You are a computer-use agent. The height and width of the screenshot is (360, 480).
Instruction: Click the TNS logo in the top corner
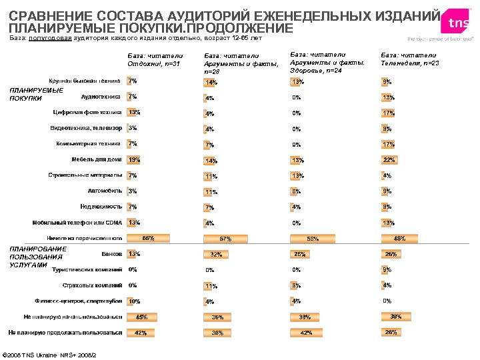pos(459,23)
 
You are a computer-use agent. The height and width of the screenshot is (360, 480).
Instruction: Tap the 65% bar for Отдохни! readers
pos(148,237)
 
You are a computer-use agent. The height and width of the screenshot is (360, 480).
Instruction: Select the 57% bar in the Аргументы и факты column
pos(225,238)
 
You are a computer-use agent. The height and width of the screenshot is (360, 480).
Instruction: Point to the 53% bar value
pos(312,238)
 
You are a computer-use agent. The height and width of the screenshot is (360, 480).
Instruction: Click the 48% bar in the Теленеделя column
pos(399,237)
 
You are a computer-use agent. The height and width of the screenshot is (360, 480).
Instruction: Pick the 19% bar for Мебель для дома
pos(133,160)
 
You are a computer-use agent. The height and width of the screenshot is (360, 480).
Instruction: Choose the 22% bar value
pos(389,160)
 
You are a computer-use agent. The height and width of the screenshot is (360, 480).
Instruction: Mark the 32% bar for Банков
pos(216,254)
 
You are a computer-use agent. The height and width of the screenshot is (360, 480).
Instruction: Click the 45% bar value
pos(141,317)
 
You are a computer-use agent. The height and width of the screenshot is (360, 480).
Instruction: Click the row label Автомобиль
pos(105,191)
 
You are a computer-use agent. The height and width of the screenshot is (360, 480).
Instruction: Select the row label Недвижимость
pos(101,207)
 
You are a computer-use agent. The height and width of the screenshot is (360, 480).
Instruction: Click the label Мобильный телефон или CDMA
pos(77,223)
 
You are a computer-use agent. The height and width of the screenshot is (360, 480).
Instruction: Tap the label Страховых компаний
pos(92,285)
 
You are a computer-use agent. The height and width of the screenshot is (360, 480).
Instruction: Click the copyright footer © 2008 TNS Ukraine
pos(51,354)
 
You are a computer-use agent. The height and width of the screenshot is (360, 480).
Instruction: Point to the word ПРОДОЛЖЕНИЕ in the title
pos(233,28)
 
